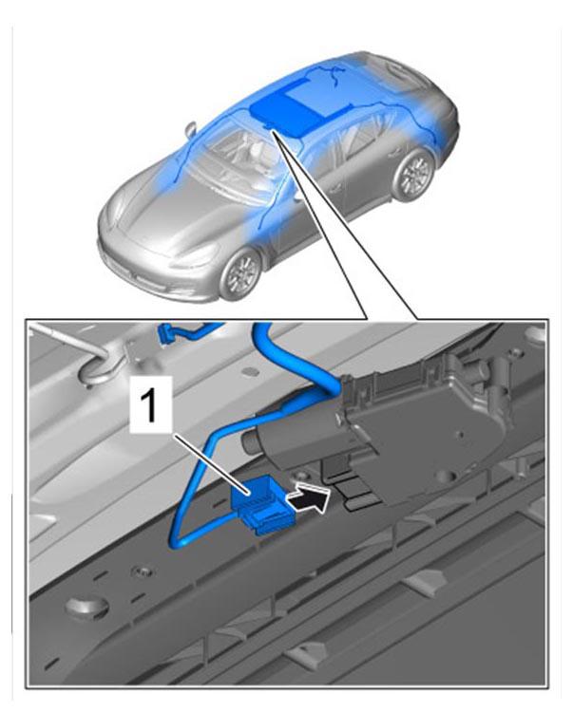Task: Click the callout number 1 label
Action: tap(150, 403)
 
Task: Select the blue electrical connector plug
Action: tap(259, 503)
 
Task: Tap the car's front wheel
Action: tap(240, 274)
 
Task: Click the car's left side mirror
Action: tap(191, 127)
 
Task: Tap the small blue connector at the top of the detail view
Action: tap(165, 335)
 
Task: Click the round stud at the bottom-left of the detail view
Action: tap(86, 608)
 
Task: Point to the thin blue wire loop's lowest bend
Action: tap(179, 541)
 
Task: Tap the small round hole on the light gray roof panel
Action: tap(250, 372)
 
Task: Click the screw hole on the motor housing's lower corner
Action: tap(444, 476)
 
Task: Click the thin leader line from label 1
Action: tap(210, 463)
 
